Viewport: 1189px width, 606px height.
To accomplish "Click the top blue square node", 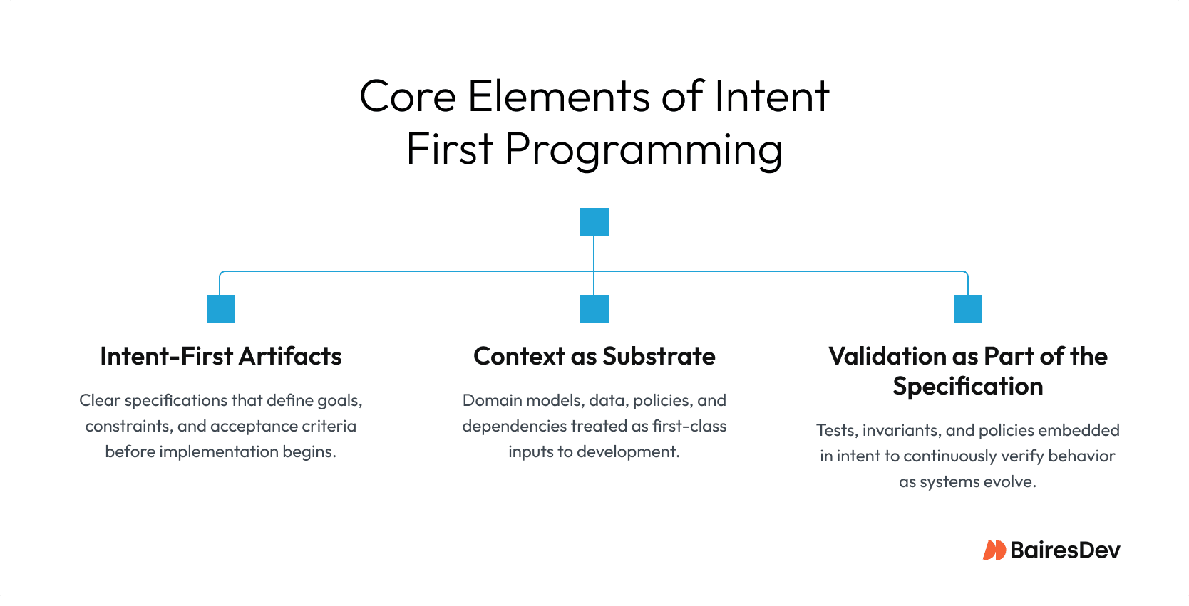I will tap(594, 222).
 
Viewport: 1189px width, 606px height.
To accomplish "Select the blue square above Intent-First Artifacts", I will tap(220, 309).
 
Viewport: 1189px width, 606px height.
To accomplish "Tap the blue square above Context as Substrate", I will tap(594, 309).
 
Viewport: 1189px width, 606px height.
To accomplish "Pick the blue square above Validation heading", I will tap(967, 309).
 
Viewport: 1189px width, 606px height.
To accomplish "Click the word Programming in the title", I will tap(644, 150).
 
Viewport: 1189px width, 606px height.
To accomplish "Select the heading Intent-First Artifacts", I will tap(220, 356).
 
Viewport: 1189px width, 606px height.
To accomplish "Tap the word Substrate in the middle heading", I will tap(659, 356).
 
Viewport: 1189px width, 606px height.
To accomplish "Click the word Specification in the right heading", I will tap(967, 386).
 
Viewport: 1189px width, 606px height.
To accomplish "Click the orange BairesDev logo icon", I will tap(994, 550).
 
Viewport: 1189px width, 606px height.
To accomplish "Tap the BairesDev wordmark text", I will tap(1065, 550).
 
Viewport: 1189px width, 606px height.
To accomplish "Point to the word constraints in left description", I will tap(128, 426).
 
